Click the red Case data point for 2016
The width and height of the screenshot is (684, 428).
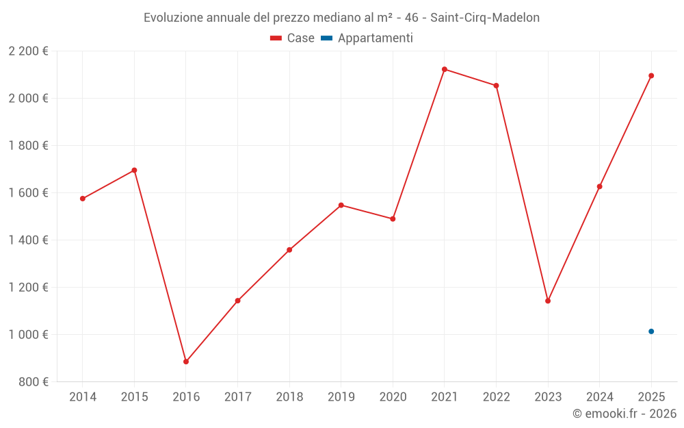click(186, 362)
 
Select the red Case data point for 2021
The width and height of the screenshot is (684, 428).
click(445, 69)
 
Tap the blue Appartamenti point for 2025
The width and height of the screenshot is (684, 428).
click(651, 331)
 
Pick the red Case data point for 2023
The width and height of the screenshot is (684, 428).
click(548, 301)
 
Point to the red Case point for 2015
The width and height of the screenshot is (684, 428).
click(134, 170)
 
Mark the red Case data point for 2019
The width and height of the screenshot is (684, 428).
click(341, 205)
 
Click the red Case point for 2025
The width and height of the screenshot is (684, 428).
click(651, 75)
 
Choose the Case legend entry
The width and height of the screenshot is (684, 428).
click(292, 38)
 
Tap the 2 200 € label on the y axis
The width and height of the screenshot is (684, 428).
click(28, 51)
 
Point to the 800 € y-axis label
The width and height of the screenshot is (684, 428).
click(33, 381)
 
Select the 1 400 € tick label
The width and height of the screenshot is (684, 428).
click(28, 240)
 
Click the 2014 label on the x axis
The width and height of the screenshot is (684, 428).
click(83, 396)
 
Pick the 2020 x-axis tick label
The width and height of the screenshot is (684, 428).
click(393, 396)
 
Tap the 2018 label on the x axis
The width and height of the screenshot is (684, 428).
click(289, 396)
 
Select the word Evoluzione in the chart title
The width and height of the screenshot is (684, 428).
click(172, 18)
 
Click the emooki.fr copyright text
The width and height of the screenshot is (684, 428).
click(624, 414)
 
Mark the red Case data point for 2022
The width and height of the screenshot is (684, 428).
click(496, 86)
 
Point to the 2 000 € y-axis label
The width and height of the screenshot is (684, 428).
click(28, 98)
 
